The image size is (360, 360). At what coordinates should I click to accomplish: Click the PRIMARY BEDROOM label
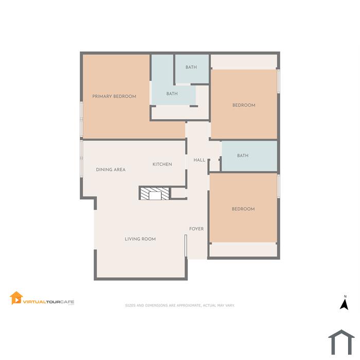[114, 97]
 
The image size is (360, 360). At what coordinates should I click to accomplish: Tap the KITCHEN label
[162, 164]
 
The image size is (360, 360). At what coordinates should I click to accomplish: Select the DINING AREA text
[111, 170]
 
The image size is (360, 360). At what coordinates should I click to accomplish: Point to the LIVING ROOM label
[140, 239]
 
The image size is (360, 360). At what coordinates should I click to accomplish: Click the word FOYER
[196, 229]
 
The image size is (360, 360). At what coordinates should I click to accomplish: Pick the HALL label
[200, 160]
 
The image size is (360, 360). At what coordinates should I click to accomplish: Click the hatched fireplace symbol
[154, 193]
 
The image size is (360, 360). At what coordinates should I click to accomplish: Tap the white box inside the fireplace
[155, 195]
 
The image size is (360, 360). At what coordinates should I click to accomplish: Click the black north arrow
[344, 304]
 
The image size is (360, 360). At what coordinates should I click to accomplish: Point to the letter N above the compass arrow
[345, 296]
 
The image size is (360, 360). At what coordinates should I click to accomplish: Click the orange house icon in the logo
[16, 298]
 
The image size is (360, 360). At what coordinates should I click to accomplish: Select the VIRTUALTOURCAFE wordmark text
[48, 302]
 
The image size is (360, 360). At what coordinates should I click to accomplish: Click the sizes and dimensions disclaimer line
[180, 305]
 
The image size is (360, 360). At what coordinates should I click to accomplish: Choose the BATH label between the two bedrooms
[243, 156]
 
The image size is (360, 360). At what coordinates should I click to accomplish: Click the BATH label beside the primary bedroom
[172, 94]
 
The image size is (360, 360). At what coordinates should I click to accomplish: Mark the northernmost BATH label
[191, 67]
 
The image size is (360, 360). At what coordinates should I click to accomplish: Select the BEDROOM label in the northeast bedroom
[244, 105]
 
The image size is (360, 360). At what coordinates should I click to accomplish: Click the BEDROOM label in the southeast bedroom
[243, 209]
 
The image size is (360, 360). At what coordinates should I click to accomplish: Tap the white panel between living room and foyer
[186, 245]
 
